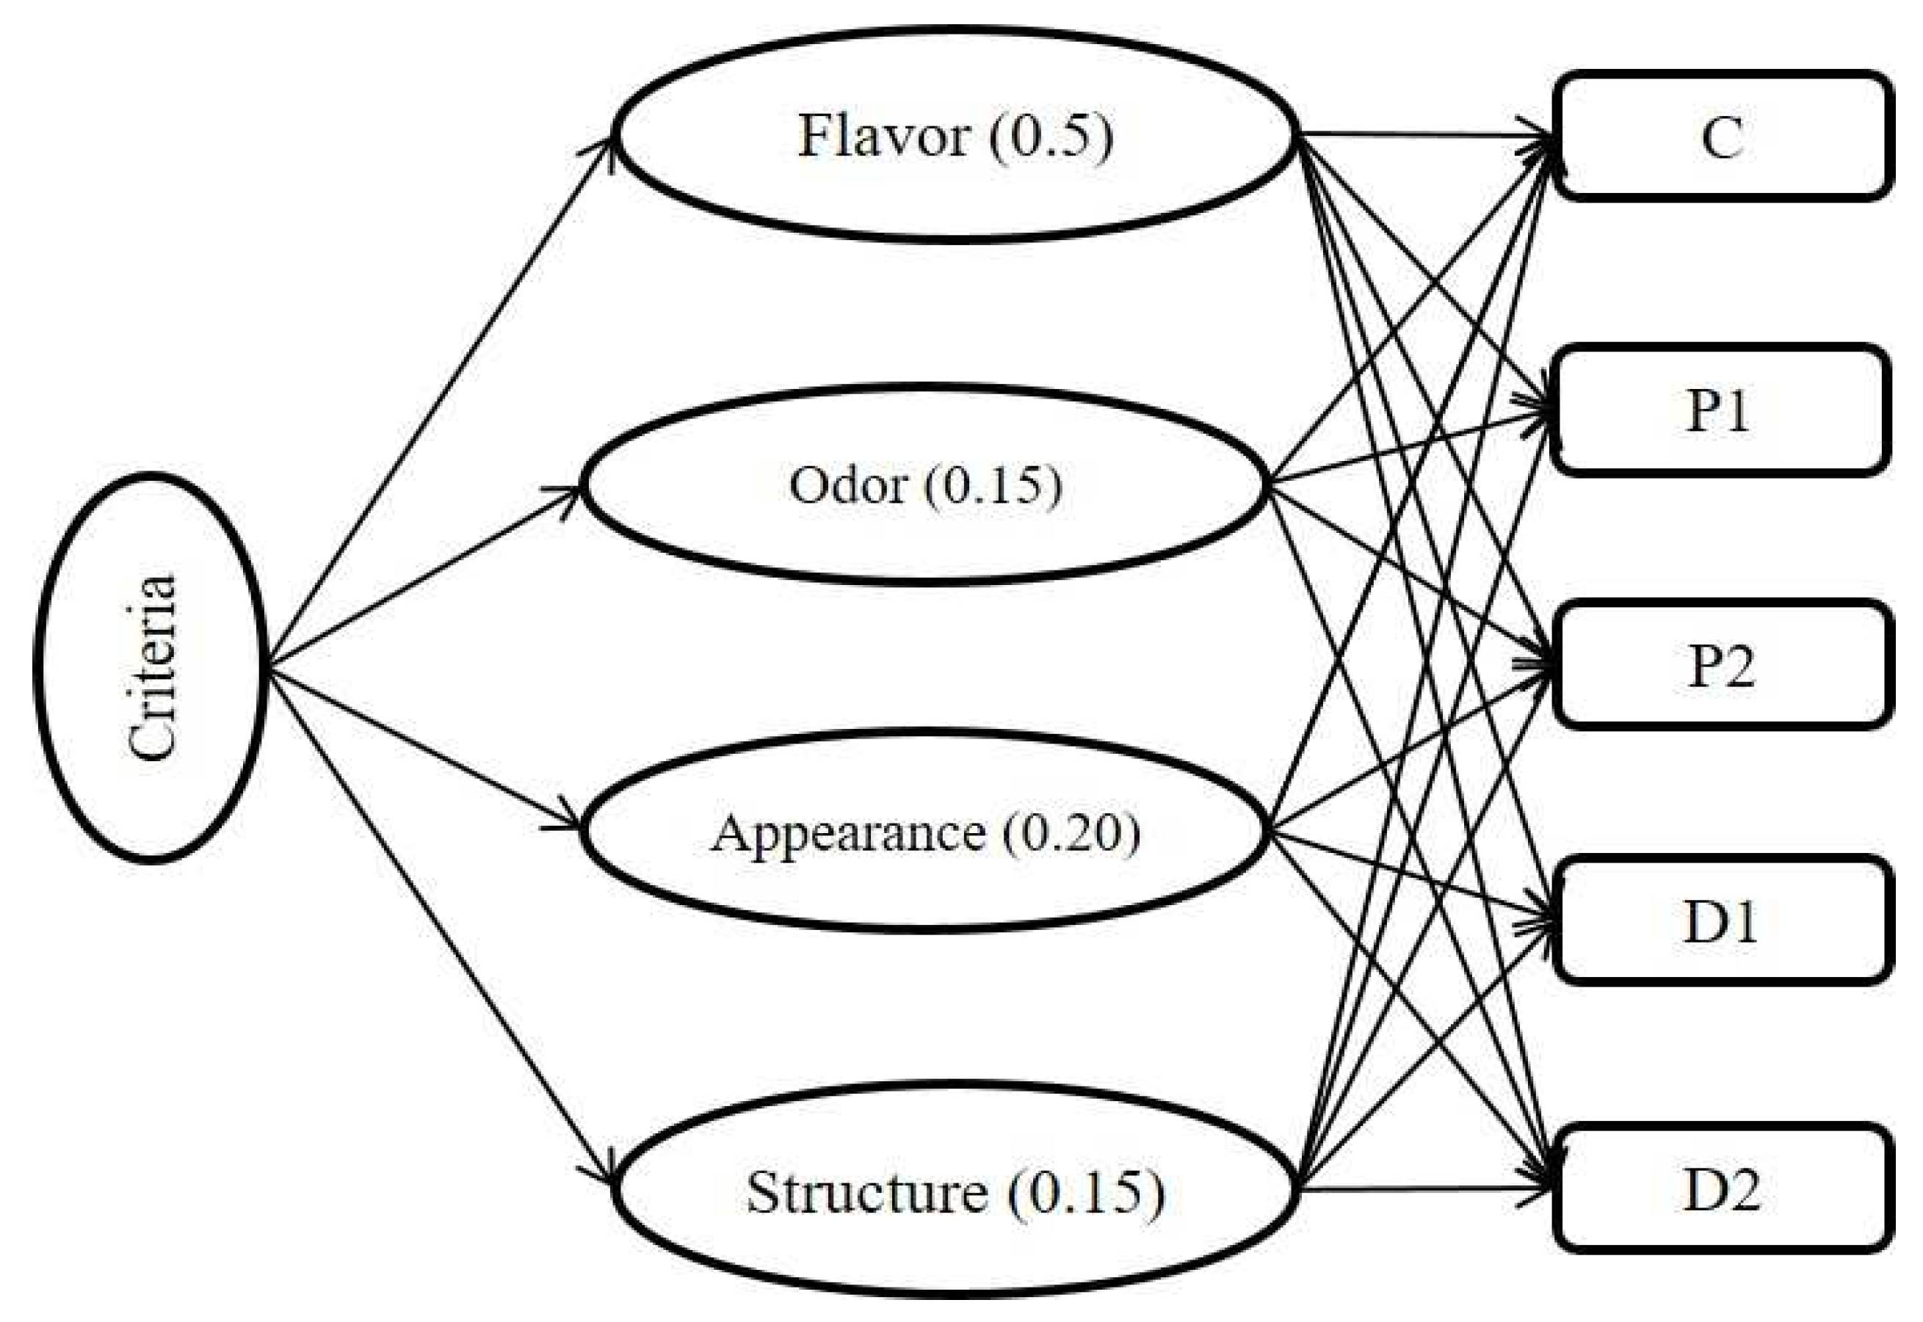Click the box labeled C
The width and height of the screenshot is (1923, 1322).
[x=1722, y=137]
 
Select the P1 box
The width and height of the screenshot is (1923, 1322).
[x=1719, y=410]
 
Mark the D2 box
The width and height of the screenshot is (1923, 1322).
[x=1722, y=1189]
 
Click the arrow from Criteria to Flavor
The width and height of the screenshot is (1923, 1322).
[x=439, y=402]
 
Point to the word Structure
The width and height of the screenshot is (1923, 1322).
[x=866, y=1193]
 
